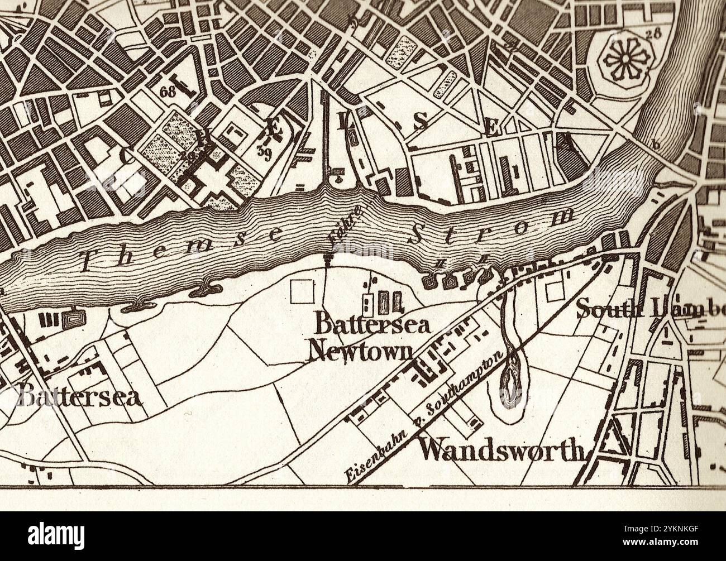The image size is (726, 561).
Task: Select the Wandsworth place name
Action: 501,449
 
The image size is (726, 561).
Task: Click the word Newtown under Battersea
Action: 361,351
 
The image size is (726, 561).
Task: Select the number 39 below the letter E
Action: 264,151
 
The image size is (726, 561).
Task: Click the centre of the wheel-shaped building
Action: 624,58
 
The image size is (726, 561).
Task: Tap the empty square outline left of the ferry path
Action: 302,291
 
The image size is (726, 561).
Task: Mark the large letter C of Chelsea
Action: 128,157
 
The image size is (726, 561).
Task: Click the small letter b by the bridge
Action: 657,145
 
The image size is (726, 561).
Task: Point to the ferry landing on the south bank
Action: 327,258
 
